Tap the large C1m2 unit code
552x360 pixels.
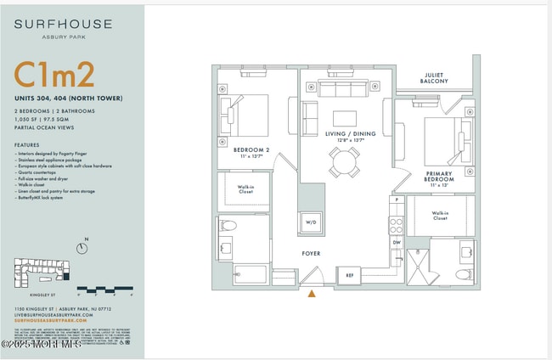click(x=54, y=76)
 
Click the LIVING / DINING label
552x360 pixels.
click(x=346, y=134)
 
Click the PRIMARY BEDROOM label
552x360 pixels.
click(x=439, y=177)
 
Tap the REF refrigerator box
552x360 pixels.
click(x=349, y=275)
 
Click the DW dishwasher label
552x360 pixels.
click(x=396, y=241)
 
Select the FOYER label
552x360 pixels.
click(x=312, y=253)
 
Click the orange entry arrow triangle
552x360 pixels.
click(x=312, y=295)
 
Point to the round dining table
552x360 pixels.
click(x=345, y=161)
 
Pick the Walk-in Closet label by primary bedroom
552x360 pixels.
click(x=440, y=217)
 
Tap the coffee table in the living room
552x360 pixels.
click(x=345, y=118)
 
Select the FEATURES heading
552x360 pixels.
click(x=27, y=145)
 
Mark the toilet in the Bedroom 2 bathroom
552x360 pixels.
click(x=228, y=227)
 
